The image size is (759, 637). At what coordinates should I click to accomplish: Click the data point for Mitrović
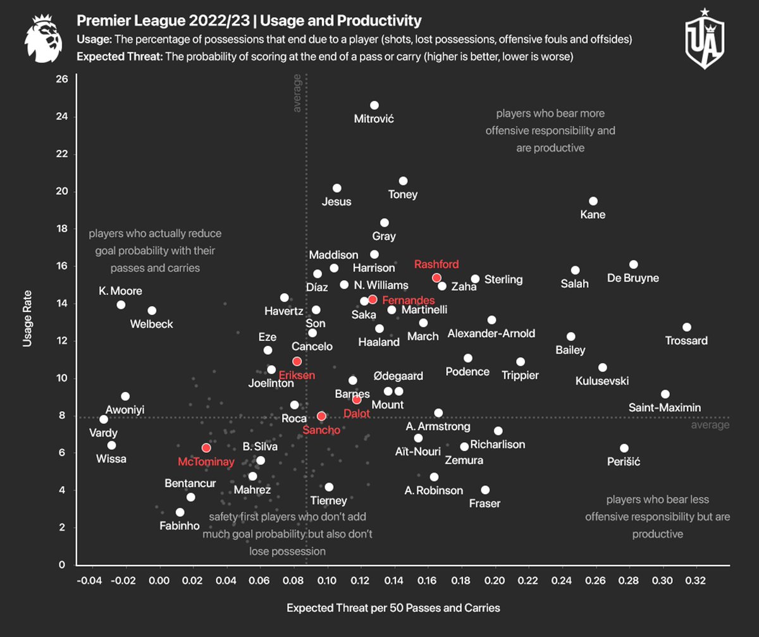(374, 105)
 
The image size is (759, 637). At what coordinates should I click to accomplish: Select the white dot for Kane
(593, 201)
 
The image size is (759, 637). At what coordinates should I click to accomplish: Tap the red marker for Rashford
(436, 278)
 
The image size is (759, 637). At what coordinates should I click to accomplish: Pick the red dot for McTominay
(206, 448)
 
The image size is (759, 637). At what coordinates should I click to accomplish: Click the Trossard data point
(687, 327)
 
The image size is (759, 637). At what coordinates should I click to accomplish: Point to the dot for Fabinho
(180, 512)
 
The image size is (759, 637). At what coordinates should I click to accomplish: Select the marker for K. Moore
(121, 305)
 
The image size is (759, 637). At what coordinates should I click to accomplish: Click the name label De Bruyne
(632, 278)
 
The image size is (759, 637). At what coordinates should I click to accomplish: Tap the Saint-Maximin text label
(665, 408)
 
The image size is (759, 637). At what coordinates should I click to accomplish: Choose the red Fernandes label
(409, 300)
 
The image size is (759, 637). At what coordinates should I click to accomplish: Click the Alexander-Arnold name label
(491, 333)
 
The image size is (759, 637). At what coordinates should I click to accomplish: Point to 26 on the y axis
(63, 80)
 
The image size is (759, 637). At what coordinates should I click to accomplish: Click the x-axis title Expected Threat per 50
(393, 608)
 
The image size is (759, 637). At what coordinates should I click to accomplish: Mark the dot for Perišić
(624, 448)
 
